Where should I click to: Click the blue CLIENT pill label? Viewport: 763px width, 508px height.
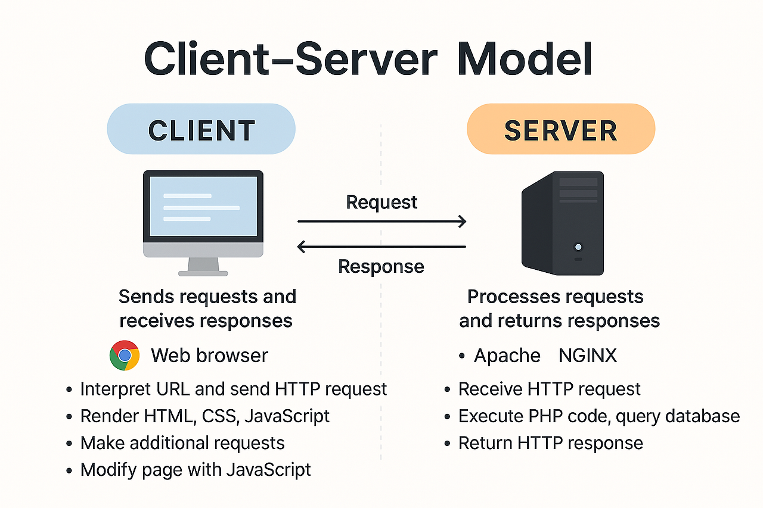(x=201, y=129)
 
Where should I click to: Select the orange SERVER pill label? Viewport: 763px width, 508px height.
(x=561, y=129)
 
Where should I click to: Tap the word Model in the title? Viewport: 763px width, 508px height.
(x=525, y=59)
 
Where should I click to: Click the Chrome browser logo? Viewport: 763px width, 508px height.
(x=125, y=355)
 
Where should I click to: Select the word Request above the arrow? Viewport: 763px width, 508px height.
(x=381, y=202)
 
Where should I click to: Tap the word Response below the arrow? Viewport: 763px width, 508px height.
(x=381, y=266)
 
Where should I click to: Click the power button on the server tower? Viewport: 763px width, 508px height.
(x=578, y=247)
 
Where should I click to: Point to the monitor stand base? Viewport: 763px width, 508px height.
(x=203, y=273)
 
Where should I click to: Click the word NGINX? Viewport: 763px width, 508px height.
(x=588, y=356)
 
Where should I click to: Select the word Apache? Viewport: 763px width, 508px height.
(x=507, y=356)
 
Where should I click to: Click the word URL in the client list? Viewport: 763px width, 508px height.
(x=173, y=389)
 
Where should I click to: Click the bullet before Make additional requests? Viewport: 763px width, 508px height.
(x=69, y=444)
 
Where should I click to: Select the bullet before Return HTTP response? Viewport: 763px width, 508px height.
(x=447, y=444)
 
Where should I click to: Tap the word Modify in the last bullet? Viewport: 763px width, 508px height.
(x=108, y=470)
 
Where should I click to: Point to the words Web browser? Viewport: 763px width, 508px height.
(x=209, y=356)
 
